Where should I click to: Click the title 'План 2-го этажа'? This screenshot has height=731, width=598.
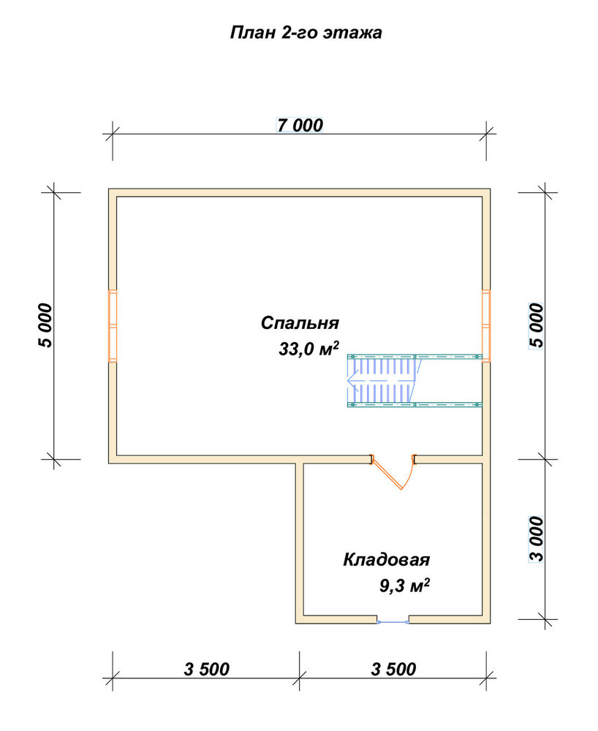[306, 33]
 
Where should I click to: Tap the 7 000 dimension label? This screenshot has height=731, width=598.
[300, 125]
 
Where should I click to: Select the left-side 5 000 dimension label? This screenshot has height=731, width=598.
[45, 325]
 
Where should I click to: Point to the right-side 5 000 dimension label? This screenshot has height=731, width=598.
[537, 325]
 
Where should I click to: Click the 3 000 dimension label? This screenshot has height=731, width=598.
[537, 539]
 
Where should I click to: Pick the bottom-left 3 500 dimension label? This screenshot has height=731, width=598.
[206, 669]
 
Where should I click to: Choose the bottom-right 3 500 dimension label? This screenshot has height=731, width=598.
[393, 669]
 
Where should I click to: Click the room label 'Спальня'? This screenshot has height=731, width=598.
[300, 322]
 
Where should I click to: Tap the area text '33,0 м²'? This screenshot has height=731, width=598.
[309, 348]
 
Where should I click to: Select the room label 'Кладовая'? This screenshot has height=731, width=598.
[387, 559]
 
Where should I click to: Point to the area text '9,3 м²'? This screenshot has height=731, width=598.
[404, 585]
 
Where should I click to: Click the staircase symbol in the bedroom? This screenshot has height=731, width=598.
[415, 380]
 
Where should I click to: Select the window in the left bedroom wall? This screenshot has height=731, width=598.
[113, 325]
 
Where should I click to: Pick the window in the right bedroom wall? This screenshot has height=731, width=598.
[486, 325]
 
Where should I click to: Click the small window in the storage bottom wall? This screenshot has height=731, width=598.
[393, 621]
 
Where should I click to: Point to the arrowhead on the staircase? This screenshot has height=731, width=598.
[352, 380]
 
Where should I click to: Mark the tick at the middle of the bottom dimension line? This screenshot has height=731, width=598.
[300, 678]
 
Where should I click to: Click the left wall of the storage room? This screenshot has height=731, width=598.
[299, 543]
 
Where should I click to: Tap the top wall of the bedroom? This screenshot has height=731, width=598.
[299, 192]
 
